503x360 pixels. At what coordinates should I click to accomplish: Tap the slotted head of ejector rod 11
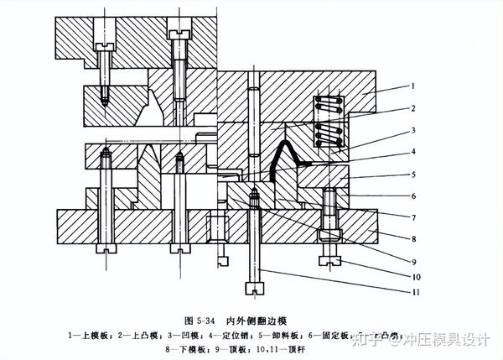click(x=254, y=289)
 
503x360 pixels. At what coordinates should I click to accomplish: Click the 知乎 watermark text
click(x=368, y=339)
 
